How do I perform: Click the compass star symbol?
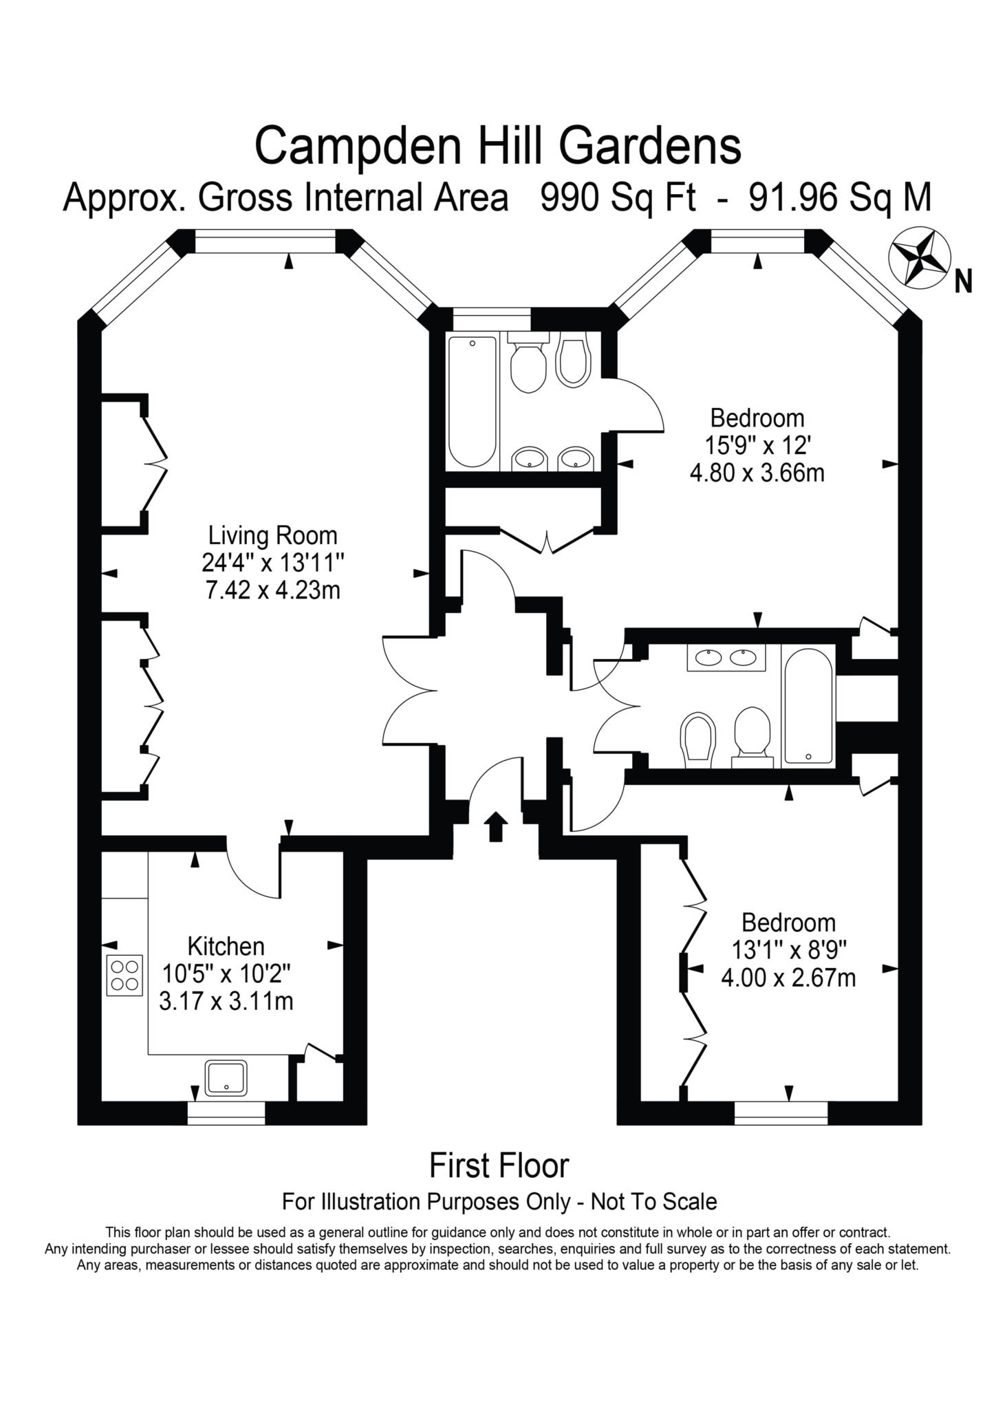[x=920, y=258]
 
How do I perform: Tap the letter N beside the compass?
[x=963, y=281]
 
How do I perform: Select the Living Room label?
[x=273, y=535]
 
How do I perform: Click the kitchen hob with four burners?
[x=124, y=976]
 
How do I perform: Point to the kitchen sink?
[x=226, y=1077]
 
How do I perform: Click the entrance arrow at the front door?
[x=495, y=826]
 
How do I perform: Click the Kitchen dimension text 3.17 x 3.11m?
[x=226, y=1001]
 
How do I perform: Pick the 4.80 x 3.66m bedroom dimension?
[x=757, y=473]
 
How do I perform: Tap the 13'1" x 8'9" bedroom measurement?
[x=788, y=950]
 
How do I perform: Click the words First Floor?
[x=499, y=1166]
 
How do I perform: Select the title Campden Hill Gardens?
[x=498, y=145]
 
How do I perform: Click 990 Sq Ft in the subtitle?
[x=618, y=198]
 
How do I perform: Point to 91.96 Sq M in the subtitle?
[x=840, y=198]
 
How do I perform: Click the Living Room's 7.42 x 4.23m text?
[x=273, y=590]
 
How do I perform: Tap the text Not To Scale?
[x=654, y=1202]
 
